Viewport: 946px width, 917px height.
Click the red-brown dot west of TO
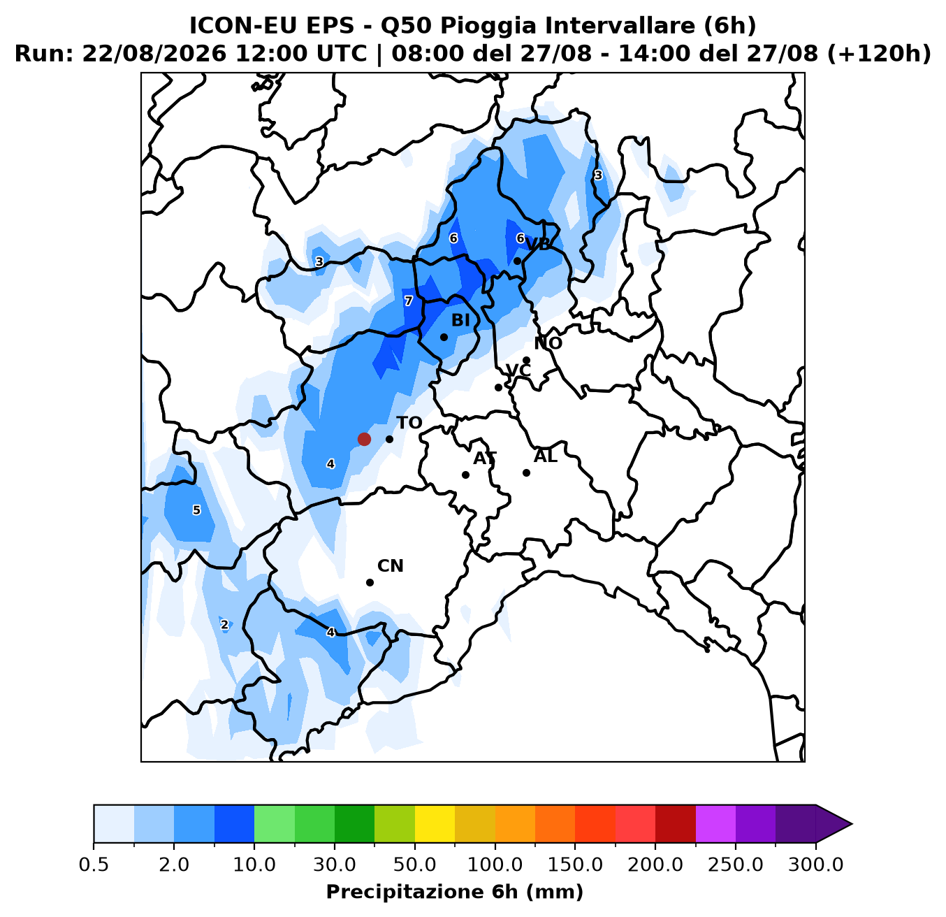pyautogui.click(x=364, y=439)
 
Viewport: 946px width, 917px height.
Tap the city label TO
pyautogui.click(x=409, y=423)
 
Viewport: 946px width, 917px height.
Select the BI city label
pyautogui.click(x=460, y=320)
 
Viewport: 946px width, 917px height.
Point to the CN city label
pyautogui.click(x=391, y=566)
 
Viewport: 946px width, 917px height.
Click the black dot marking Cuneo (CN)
pyautogui.click(x=370, y=582)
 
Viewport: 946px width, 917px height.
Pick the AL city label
pyautogui.click(x=546, y=456)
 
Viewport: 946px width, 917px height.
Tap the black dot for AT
pyautogui.click(x=465, y=475)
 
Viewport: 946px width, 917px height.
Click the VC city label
pyautogui.click(x=518, y=370)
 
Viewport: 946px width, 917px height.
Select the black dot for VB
pyautogui.click(x=517, y=261)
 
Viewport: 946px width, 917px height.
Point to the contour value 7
pyautogui.click(x=408, y=301)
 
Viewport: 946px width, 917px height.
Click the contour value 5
pyautogui.click(x=196, y=510)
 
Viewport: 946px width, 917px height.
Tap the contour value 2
pyautogui.click(x=224, y=625)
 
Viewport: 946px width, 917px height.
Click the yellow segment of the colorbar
pyautogui.click(x=435, y=823)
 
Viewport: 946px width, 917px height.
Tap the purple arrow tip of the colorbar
pyautogui.click(x=852, y=824)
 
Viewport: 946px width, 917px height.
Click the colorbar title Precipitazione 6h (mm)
pyautogui.click(x=455, y=892)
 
